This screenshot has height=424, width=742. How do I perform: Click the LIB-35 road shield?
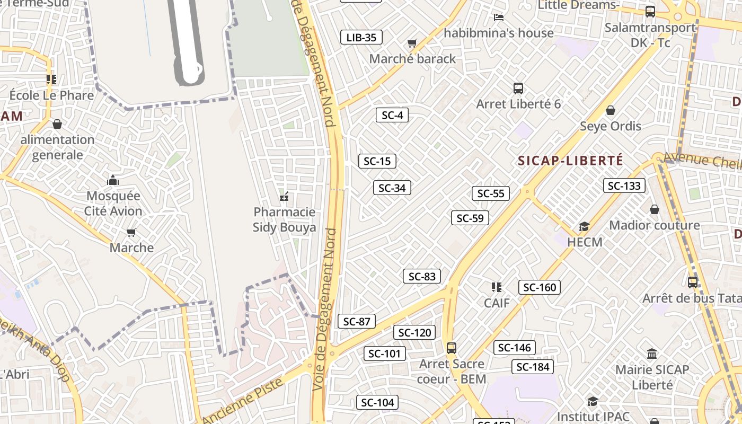pyautogui.click(x=361, y=37)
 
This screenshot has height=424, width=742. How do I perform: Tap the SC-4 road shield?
pyautogui.click(x=392, y=115)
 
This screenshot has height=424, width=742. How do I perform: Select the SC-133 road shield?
pyautogui.click(x=624, y=185)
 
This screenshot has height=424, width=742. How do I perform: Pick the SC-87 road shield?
pyautogui.click(x=357, y=321)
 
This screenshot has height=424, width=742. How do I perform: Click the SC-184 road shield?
pyautogui.click(x=533, y=367)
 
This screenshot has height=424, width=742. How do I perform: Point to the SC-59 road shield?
pyautogui.click(x=470, y=218)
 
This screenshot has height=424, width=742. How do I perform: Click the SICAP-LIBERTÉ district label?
pyautogui.click(x=570, y=161)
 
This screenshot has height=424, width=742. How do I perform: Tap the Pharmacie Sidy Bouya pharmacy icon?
pyautogui.click(x=284, y=197)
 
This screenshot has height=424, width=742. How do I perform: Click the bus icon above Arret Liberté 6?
pyautogui.click(x=518, y=89)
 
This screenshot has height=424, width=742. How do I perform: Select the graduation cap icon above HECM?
pyautogui.click(x=585, y=227)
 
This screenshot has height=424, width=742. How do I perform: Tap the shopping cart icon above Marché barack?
pyautogui.click(x=412, y=43)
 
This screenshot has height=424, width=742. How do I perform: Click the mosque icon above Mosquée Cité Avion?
pyautogui.click(x=113, y=181)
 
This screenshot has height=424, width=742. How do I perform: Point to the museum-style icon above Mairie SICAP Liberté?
pyautogui.click(x=652, y=354)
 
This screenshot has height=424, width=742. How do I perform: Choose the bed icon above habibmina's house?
pyautogui.click(x=498, y=17)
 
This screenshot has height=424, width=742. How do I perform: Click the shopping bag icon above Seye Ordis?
pyautogui.click(x=611, y=111)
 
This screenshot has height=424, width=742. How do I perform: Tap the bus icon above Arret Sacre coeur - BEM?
pyautogui.click(x=452, y=348)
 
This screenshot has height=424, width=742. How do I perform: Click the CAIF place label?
pyautogui.click(x=497, y=303)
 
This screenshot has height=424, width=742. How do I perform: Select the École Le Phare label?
pyautogui.click(x=51, y=95)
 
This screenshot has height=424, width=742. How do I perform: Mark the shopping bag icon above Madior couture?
pyautogui.click(x=655, y=210)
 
